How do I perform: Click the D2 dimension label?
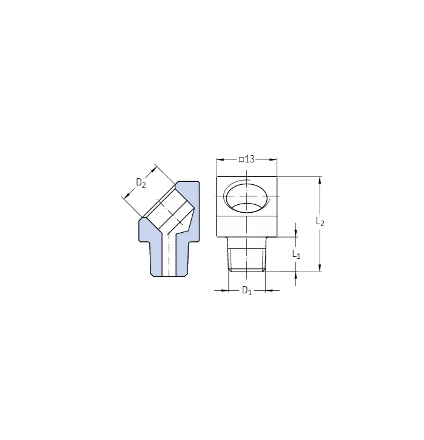click(x=141, y=183)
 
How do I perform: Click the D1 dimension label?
click(x=247, y=290)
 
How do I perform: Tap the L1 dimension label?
click(x=296, y=255)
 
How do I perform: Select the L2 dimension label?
click(x=320, y=221)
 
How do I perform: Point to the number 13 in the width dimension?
click(x=249, y=159)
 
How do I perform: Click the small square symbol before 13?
click(x=241, y=159)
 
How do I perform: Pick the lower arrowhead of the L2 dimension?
click(x=320, y=268)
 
